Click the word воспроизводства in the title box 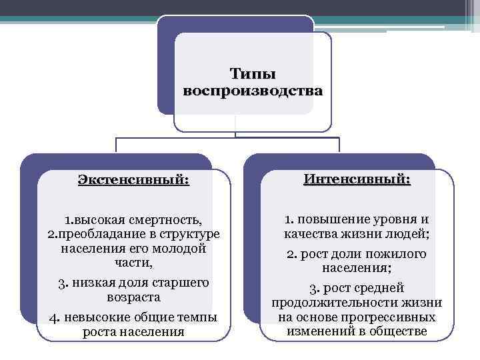pos(253,90)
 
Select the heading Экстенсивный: pos(133,179)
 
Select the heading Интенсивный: pos(357,179)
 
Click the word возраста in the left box pos(133,297)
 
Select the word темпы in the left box pos(199,317)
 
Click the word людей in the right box pos(411,234)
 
